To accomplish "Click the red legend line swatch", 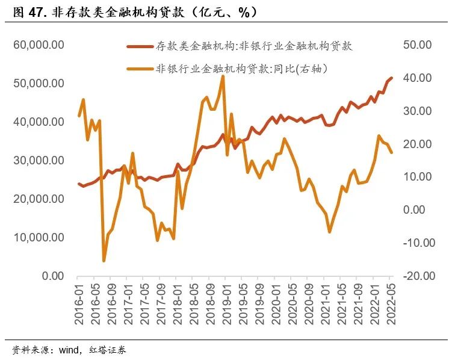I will click(x=140, y=46).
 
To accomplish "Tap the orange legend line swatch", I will click(x=140, y=69).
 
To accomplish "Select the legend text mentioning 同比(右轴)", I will click(x=241, y=69).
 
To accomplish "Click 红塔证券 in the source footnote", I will click(x=108, y=350).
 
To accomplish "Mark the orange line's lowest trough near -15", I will click(x=104, y=261).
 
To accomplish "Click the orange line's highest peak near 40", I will click(x=223, y=76).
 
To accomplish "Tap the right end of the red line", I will click(x=392, y=78).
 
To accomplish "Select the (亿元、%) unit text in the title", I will click(x=223, y=11).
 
